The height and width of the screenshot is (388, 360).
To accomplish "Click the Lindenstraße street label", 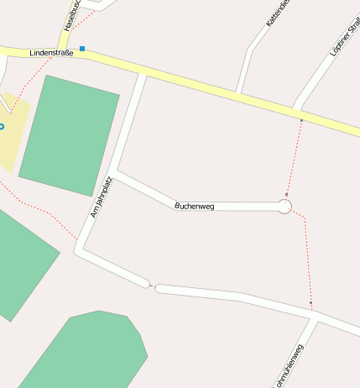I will tap(51, 53).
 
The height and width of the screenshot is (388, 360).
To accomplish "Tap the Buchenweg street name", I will tap(194, 206).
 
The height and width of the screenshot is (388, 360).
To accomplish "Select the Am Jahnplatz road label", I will tap(101, 197).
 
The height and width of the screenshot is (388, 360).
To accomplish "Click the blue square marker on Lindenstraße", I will tap(82, 49).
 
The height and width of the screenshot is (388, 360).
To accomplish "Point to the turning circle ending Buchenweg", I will tap(284, 206).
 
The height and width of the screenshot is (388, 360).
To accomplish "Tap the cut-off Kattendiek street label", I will tap(277, 13).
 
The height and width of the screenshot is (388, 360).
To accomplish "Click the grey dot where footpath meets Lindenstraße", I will tap(301, 121).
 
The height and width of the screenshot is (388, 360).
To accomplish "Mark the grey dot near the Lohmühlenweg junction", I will tap(310, 303).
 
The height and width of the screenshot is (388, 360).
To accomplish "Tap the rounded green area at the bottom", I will tap(88, 353).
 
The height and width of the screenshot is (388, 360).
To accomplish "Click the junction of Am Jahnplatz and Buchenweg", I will tap(115, 176).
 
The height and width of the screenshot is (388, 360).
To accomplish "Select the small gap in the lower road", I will tap(153, 286).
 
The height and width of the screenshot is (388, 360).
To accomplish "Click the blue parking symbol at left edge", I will tap(2, 126).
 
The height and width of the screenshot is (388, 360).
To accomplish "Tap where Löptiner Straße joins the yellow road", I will tap(296, 109).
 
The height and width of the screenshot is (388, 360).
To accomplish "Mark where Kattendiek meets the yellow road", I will tap(238, 92).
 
